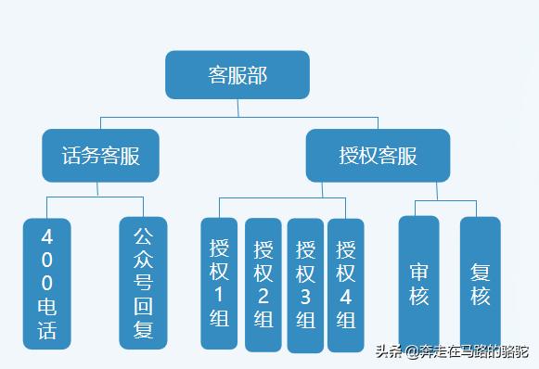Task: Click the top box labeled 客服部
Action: [x=237, y=75]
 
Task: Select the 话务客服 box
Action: [x=100, y=155]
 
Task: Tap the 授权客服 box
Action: [x=378, y=155]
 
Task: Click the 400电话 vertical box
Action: [x=47, y=282]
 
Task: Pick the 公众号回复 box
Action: [x=143, y=282]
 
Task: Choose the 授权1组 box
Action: [x=219, y=284]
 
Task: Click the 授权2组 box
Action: [x=263, y=284]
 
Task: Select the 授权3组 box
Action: [x=305, y=284]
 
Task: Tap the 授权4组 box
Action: [x=346, y=284]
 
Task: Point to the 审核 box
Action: [x=418, y=284]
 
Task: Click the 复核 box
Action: [x=480, y=284]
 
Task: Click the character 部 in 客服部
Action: [x=257, y=75]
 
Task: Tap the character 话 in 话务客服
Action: [x=71, y=155]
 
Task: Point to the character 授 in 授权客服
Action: [x=349, y=155]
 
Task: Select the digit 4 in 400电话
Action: [x=47, y=236]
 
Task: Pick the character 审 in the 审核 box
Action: [x=418, y=273]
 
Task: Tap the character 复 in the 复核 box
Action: [x=480, y=273]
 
